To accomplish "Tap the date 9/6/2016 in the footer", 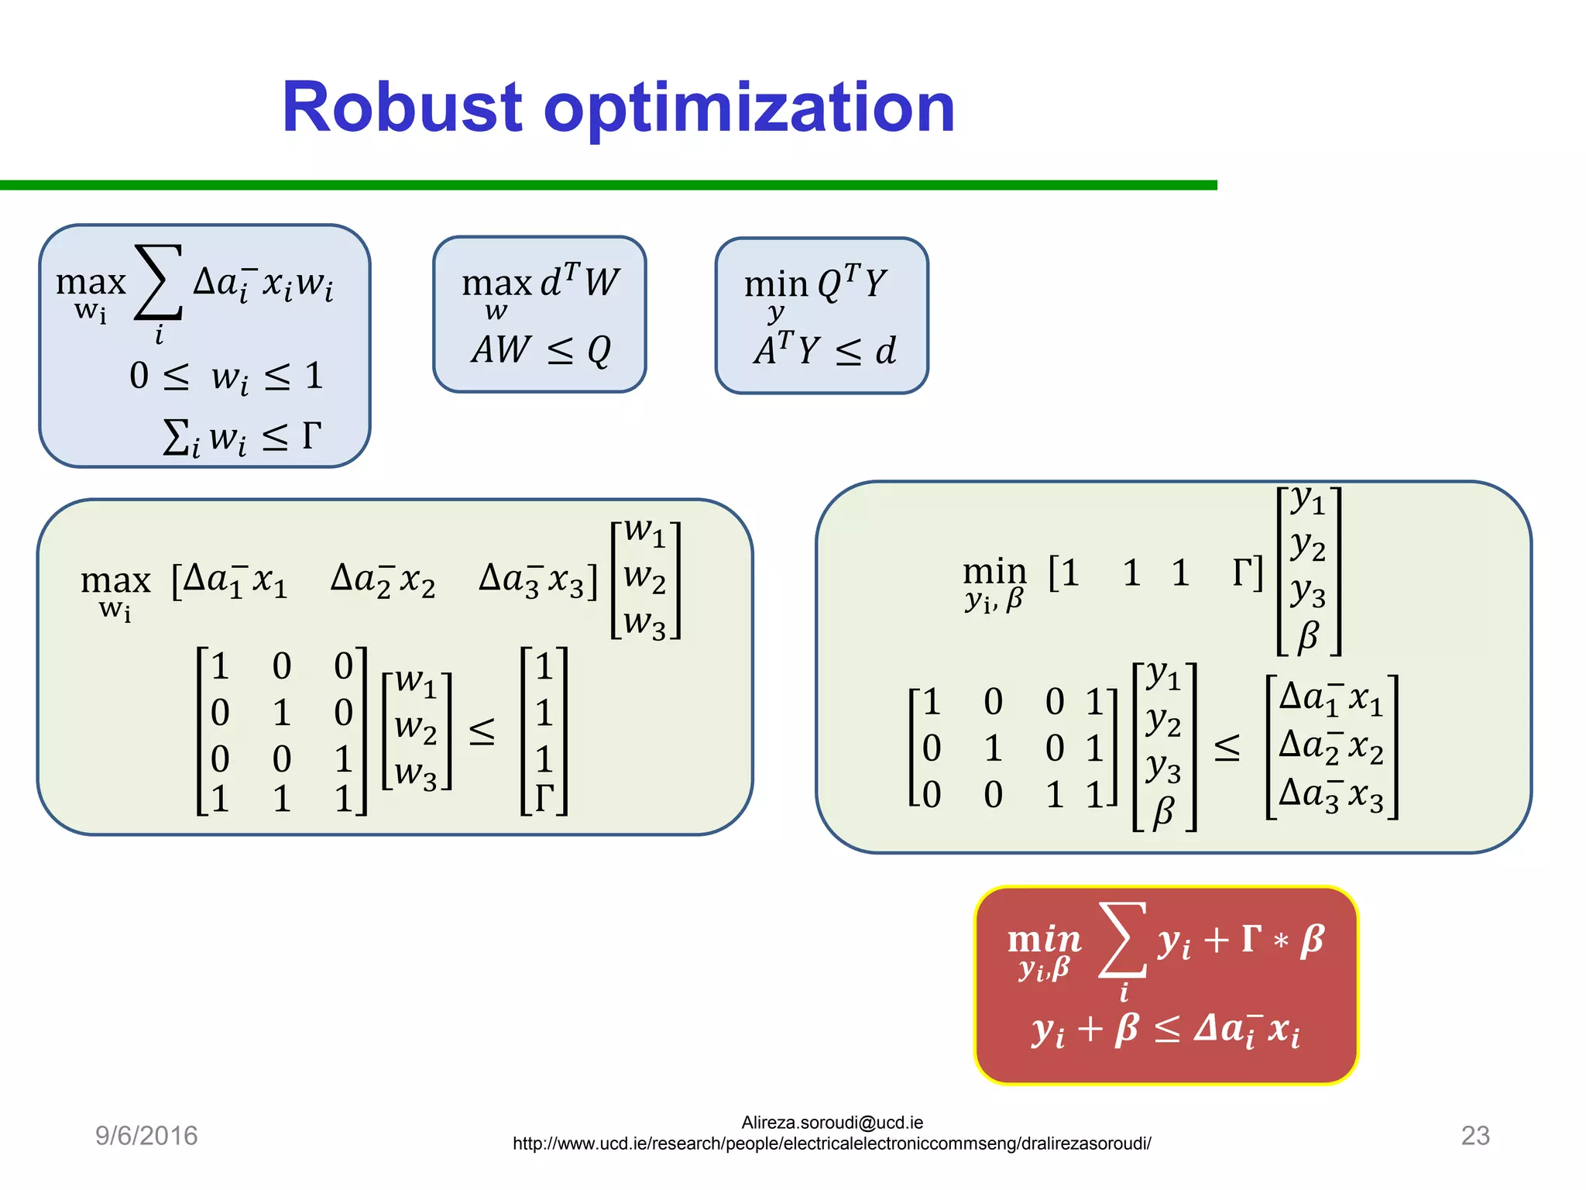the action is click(x=146, y=1135).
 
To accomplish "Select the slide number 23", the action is click(x=1474, y=1135).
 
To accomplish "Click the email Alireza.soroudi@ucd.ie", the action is click(x=832, y=1123).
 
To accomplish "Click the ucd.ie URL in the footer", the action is click(x=832, y=1144).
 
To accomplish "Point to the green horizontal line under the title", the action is click(x=608, y=185).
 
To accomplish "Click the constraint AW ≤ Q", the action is click(x=541, y=351).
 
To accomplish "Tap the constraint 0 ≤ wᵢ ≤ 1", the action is click(x=226, y=377).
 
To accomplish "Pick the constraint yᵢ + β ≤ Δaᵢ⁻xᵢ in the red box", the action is click(x=1165, y=1030).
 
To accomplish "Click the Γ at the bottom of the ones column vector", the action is click(x=544, y=798).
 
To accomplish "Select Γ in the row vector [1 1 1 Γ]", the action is click(x=1244, y=573).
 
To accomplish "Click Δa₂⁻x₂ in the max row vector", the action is click(x=383, y=580).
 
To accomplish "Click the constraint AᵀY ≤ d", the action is click(x=825, y=350).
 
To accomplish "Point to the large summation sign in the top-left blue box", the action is click(x=159, y=283).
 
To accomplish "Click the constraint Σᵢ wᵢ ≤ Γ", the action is click(x=242, y=438).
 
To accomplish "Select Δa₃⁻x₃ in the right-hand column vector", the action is click(x=1330, y=795).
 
